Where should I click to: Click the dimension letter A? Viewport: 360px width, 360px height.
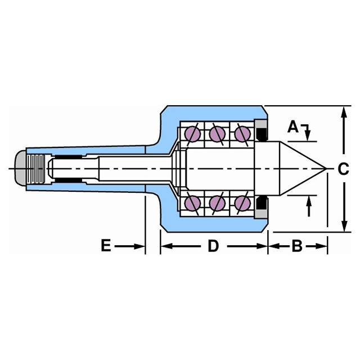pos(292,127)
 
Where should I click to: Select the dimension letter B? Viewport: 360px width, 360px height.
pos(298,246)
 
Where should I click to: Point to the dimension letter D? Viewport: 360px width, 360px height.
pos(213,246)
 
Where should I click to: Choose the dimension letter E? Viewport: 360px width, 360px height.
pos(106,246)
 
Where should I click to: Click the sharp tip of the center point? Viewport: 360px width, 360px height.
pos(326,168)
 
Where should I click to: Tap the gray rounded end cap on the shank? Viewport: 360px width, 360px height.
pos(20,168)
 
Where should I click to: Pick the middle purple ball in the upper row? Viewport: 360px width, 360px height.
pos(217,134)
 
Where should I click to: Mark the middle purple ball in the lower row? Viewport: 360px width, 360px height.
pos(217,202)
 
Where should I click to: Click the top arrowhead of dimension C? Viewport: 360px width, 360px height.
pos(344,111)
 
